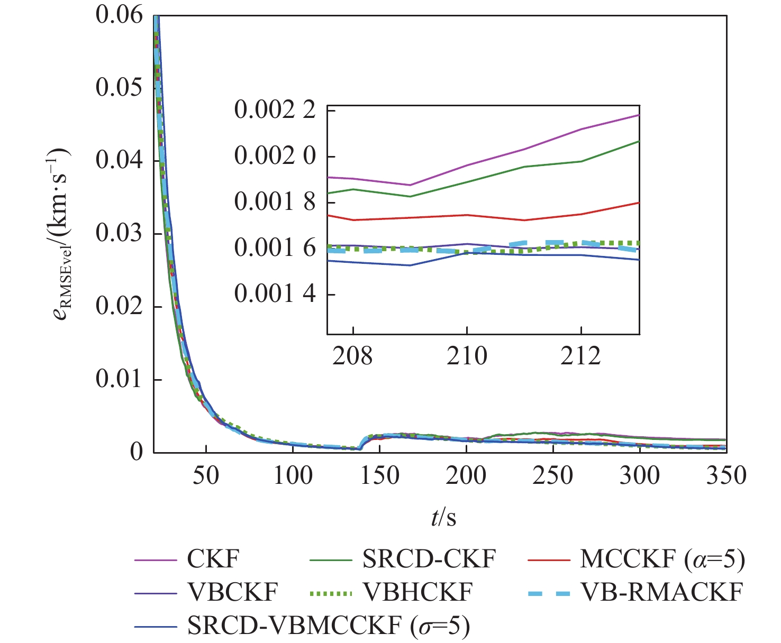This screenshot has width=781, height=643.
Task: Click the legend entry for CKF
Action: (213, 559)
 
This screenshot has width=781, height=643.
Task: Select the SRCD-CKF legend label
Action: (429, 559)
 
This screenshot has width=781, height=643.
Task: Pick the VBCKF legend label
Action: (232, 592)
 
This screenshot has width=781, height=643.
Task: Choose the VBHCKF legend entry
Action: (417, 592)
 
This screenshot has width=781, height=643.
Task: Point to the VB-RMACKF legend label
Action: (661, 592)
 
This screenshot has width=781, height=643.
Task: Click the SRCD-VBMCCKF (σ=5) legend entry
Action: (328, 626)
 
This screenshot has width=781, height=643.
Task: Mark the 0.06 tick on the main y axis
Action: (119, 15)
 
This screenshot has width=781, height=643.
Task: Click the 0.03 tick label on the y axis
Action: (119, 234)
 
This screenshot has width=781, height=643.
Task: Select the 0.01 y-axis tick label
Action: (119, 380)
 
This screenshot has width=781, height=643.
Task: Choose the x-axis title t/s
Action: (443, 517)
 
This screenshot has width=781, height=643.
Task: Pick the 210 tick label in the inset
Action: (467, 356)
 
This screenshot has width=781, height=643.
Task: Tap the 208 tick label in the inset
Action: (352, 356)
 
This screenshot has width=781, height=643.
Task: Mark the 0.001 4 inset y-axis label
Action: (275, 293)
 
